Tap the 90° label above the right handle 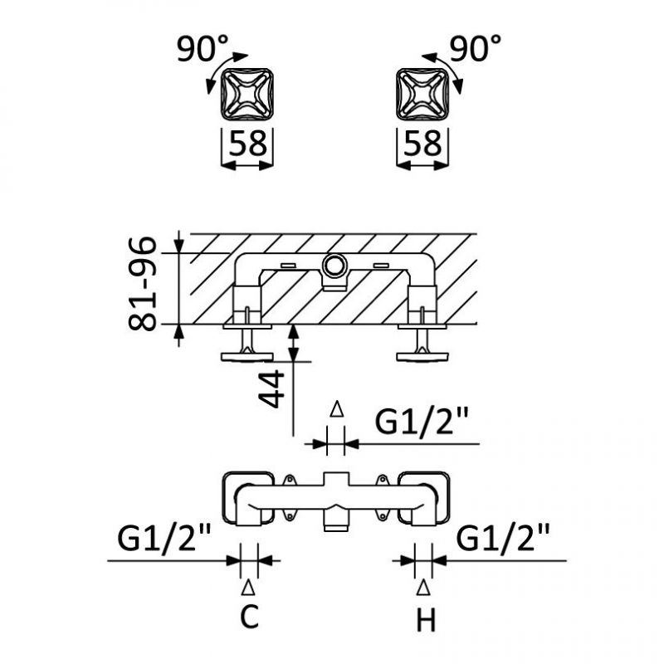tap(476, 50)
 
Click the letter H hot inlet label tap(426, 618)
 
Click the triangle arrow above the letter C tap(248, 588)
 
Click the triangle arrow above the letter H tap(424, 588)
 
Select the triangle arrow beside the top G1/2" tap(336, 408)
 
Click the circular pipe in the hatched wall tap(335, 266)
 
